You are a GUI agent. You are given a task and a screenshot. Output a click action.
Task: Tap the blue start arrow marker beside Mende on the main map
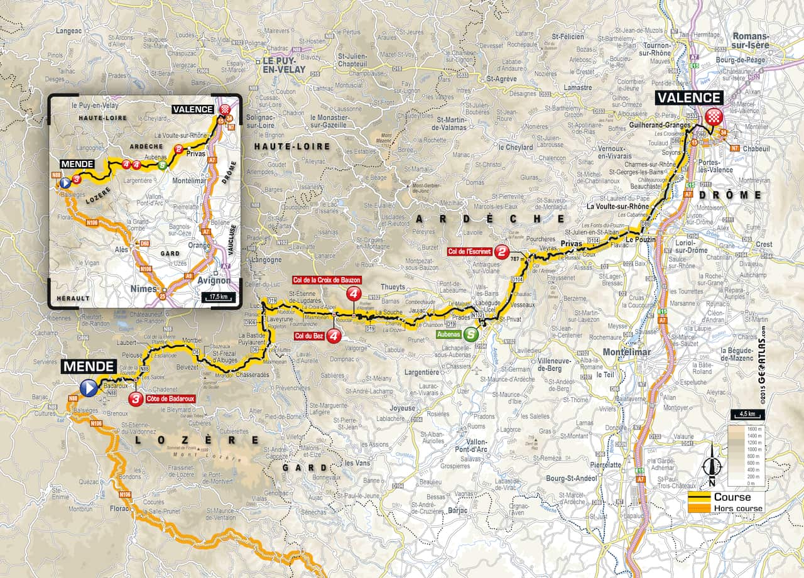click(89, 388)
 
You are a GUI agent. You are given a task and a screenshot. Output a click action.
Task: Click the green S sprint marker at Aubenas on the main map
click(470, 334)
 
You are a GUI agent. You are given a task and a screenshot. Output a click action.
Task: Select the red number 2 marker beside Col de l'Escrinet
click(502, 252)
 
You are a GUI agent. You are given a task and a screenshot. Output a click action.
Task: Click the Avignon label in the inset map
click(215, 281)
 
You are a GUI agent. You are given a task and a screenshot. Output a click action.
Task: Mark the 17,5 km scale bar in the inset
click(218, 297)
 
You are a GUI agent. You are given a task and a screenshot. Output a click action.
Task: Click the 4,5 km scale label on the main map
click(746, 414)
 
